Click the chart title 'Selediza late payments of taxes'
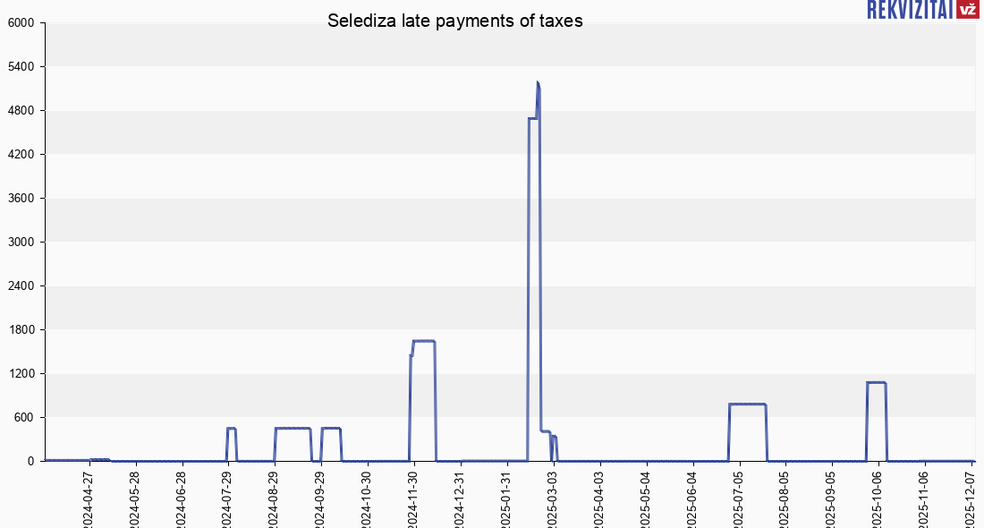point(454,21)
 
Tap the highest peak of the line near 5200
point(538,83)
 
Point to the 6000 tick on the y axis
point(21,23)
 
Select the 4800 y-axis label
point(21,111)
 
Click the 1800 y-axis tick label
point(21,330)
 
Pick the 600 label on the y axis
point(24,418)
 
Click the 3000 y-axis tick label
point(21,243)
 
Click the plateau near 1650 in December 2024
point(424,341)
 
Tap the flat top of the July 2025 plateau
point(748,405)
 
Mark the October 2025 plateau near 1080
point(877,383)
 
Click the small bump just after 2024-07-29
point(231,429)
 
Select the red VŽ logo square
point(967,9)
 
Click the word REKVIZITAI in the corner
point(909,9)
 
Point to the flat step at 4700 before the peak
point(532,118)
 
